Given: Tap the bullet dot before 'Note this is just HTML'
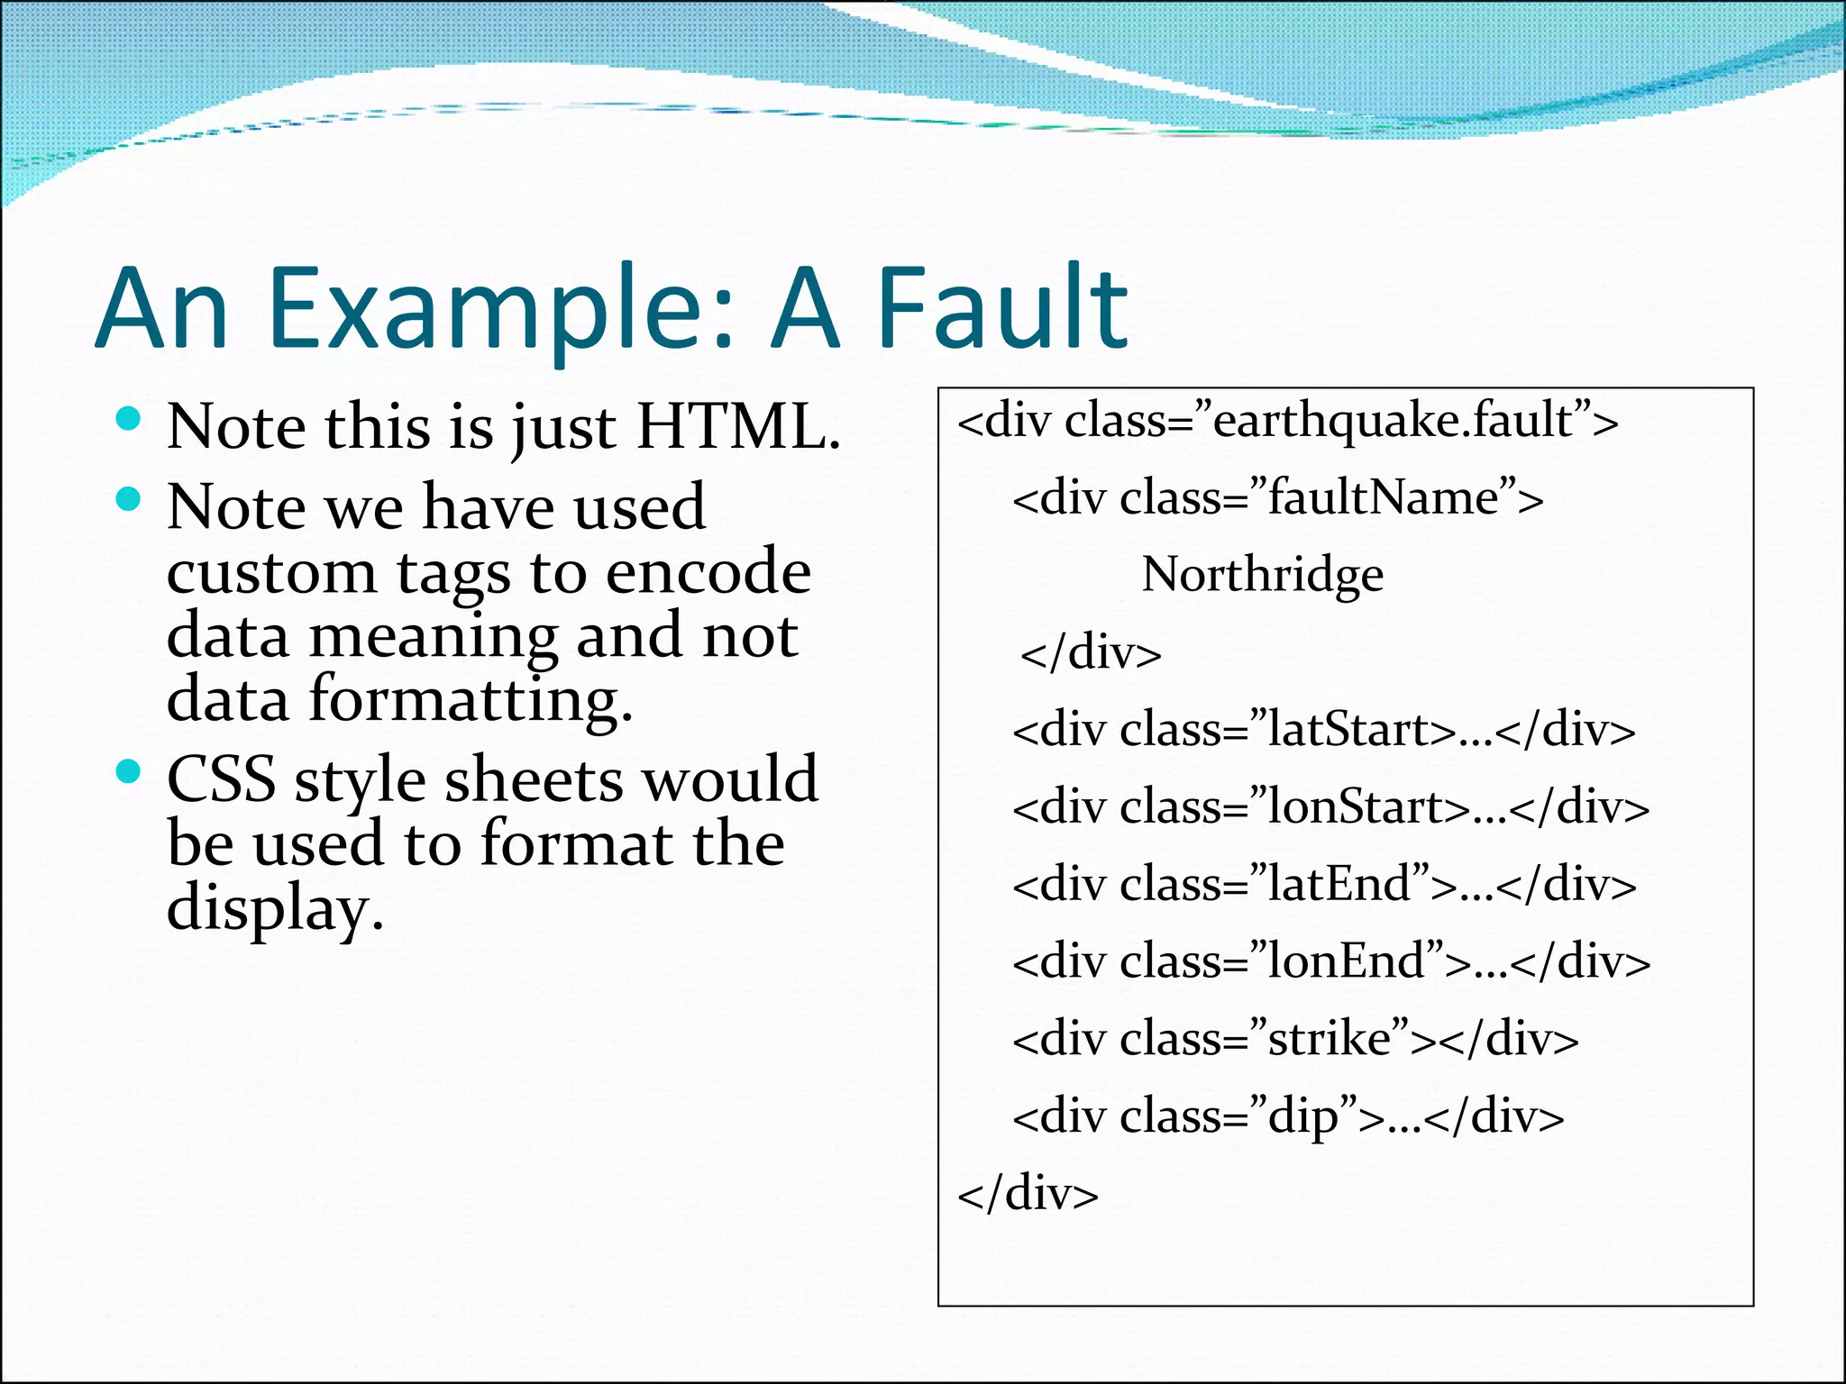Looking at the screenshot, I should click(x=129, y=417).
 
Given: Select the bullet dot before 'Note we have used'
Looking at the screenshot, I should click(x=129, y=498).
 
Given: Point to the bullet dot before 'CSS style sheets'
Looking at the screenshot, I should click(x=129, y=770).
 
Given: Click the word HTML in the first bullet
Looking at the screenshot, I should click(x=737, y=425).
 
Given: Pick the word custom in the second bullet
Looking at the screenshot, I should click(x=271, y=571).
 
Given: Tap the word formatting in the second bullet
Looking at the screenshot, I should click(x=470, y=698).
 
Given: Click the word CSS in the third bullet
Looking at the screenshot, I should click(x=221, y=778).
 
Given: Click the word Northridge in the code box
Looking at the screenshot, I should click(x=1262, y=574).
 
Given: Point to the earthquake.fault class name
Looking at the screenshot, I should click(x=1394, y=420).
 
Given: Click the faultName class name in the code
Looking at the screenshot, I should click(x=1384, y=497).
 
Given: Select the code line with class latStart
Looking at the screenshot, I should click(x=1323, y=729).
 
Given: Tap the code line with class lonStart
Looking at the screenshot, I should click(x=1330, y=806).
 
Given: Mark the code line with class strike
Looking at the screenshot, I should click(x=1295, y=1039).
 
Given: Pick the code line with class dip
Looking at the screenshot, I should click(x=1288, y=1116).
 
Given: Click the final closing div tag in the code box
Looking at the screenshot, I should click(x=1028, y=1194).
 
